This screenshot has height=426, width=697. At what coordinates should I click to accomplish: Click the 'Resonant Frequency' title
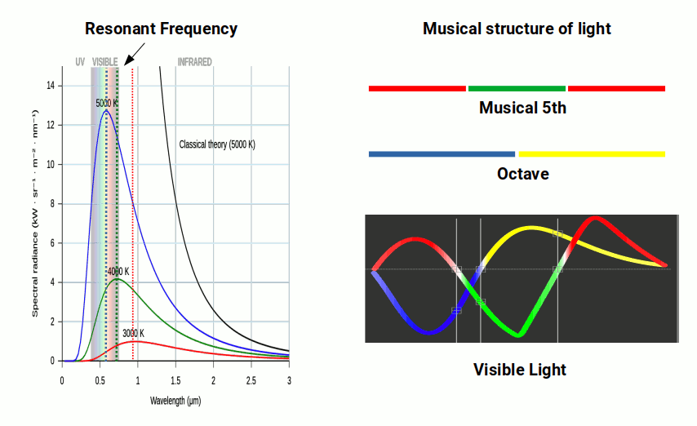click(161, 29)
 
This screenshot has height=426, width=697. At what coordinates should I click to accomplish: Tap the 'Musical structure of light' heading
click(517, 29)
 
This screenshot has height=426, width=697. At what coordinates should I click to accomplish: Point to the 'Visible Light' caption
click(520, 370)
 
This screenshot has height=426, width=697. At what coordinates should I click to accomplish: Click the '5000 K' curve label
click(107, 104)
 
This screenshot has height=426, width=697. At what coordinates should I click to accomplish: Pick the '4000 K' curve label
click(118, 271)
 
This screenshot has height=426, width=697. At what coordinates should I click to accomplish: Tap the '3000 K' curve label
click(133, 333)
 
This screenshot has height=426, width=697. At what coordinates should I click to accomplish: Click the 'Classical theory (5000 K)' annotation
click(217, 144)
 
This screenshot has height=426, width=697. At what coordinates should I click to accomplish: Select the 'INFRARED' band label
click(194, 62)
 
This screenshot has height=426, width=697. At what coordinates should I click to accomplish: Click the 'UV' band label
click(80, 62)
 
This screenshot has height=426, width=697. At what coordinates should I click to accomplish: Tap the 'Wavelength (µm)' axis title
click(175, 401)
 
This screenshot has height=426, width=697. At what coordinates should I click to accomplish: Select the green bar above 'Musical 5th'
click(517, 88)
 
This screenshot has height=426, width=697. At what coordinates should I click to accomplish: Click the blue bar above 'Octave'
click(442, 153)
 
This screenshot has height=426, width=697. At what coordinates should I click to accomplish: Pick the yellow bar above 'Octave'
click(592, 153)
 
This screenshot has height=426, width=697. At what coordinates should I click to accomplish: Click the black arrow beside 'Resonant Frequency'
click(135, 55)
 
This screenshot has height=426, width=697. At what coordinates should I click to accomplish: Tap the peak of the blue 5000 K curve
click(105, 111)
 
